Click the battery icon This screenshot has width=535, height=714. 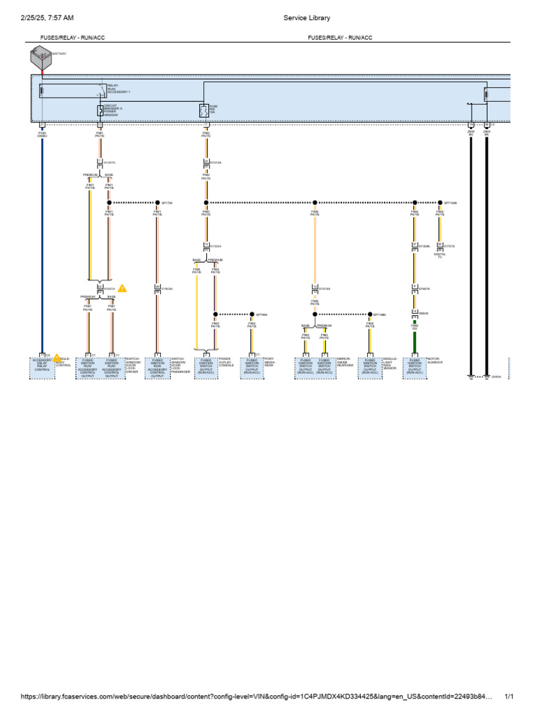coord(40,59)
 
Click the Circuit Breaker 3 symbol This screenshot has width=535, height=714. coord(100,110)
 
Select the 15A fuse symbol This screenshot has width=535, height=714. coord(203,110)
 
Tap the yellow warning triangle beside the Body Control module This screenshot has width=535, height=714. coord(57,358)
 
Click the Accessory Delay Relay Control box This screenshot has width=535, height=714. coord(42,367)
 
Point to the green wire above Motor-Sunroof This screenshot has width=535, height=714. coord(414,342)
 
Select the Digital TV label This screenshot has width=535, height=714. coord(440,256)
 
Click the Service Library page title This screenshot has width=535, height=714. coord(307,18)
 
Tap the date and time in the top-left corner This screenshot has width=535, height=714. coord(47,18)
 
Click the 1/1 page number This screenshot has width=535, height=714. coord(509,697)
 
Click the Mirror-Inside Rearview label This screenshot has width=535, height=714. coord(345,363)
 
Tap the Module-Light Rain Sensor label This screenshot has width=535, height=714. coord(390,363)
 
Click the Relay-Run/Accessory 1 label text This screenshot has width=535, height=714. coord(118,89)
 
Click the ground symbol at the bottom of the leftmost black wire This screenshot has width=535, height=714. coord(471,377)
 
